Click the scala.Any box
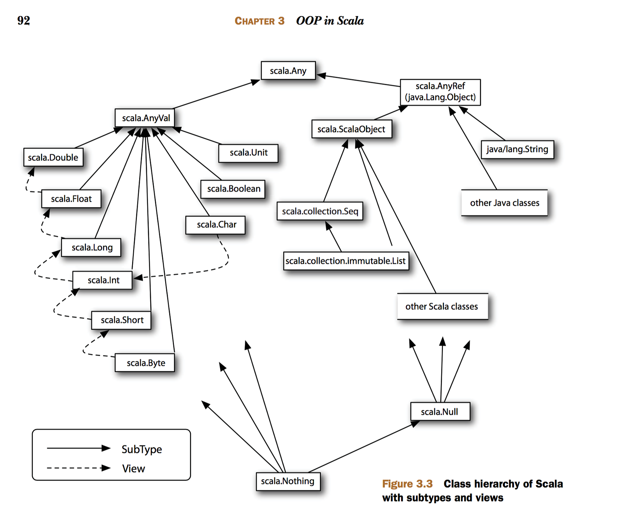click(288, 71)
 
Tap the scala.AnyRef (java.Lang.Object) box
click(440, 92)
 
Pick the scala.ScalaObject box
click(351, 129)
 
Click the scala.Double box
click(53, 157)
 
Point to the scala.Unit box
click(248, 153)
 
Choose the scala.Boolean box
click(233, 189)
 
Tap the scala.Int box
click(103, 280)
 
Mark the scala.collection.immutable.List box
click(345, 261)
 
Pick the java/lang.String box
click(517, 149)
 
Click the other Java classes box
click(504, 203)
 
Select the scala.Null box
click(440, 411)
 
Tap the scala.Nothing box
click(287, 481)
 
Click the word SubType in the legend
click(142, 449)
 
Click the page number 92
click(24, 21)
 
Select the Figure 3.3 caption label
click(407, 484)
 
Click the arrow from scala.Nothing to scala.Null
click(363, 447)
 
